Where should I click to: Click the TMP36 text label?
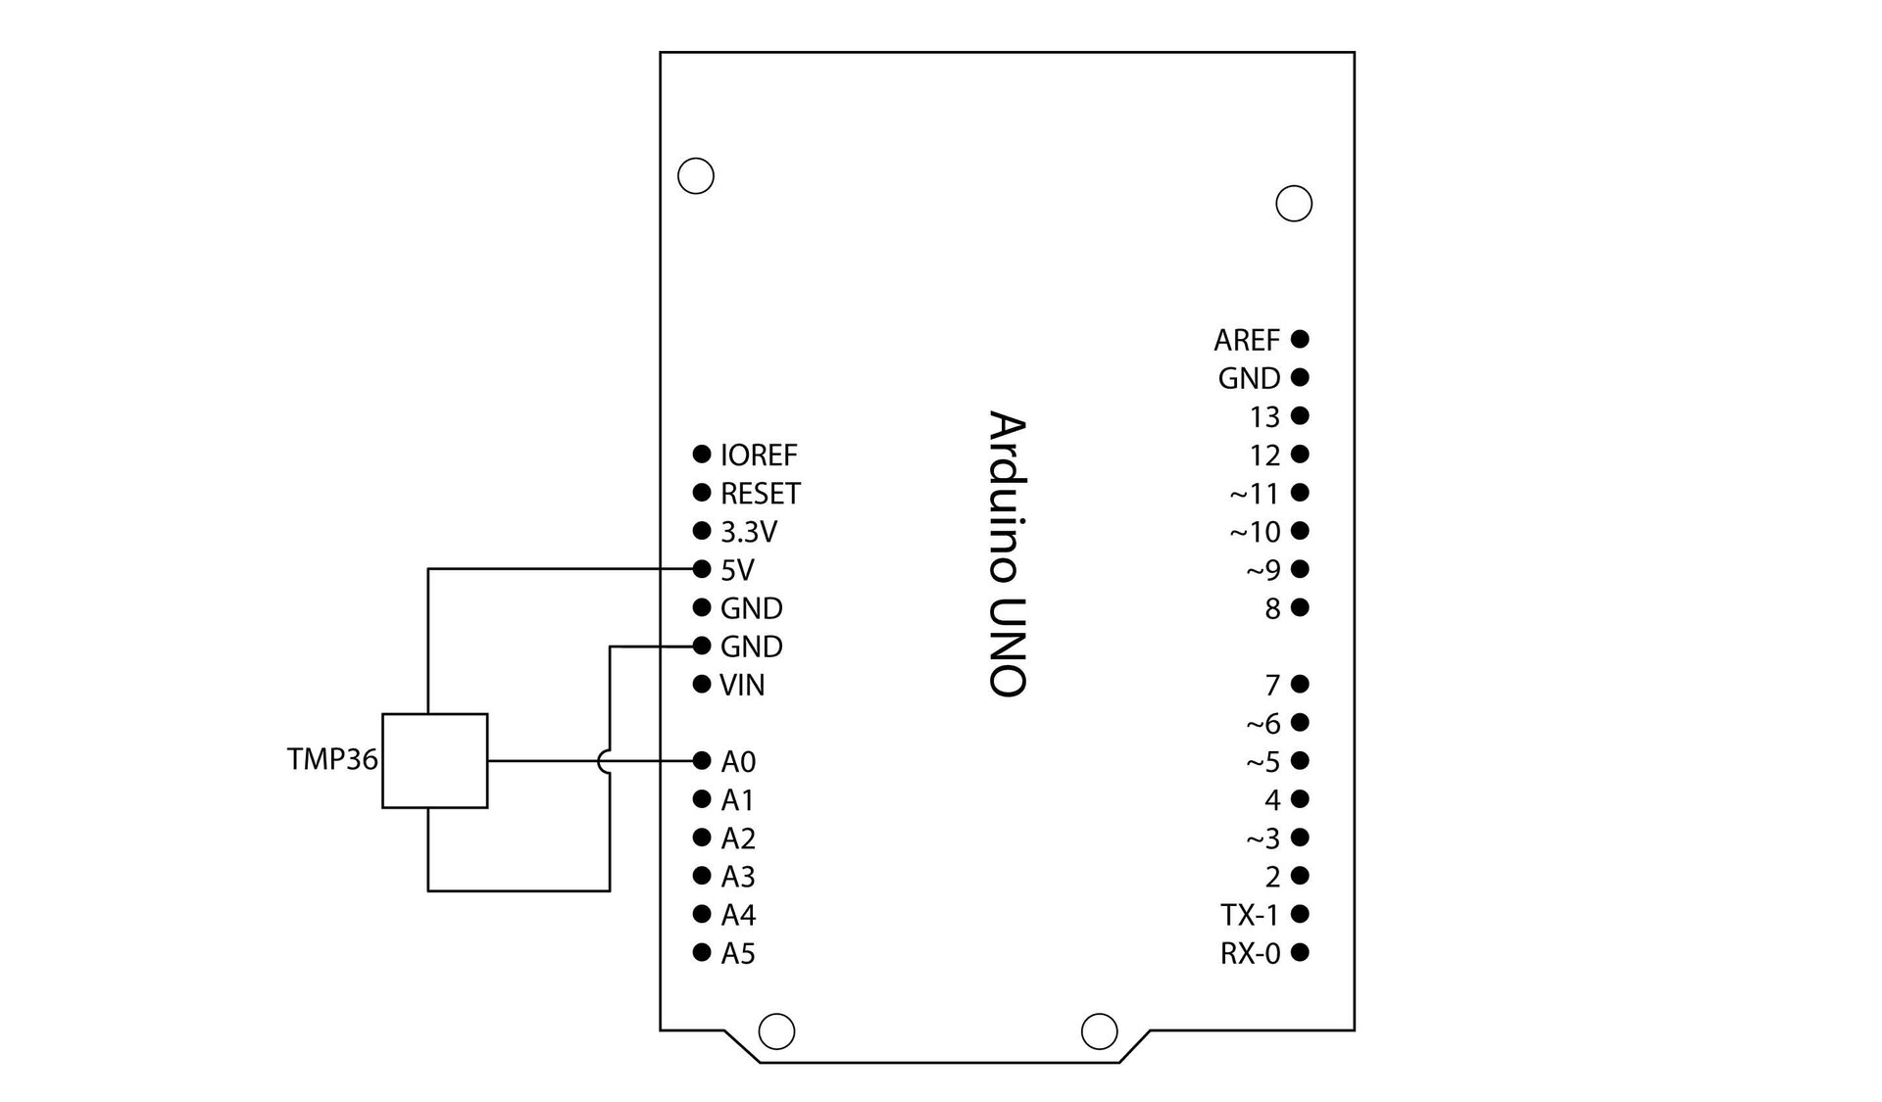click(332, 760)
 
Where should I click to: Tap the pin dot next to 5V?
click(701, 569)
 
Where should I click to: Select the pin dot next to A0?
click(701, 761)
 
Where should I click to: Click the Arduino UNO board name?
click(1008, 553)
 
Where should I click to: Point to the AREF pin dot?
click(1300, 339)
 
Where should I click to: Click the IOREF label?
click(759, 455)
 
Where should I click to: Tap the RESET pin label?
click(761, 494)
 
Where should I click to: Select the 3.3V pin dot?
click(701, 531)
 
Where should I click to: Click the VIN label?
click(742, 686)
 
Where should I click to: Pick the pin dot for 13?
click(1300, 416)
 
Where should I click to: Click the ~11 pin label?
click(1256, 494)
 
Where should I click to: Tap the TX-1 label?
click(1251, 915)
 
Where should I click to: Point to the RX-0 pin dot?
click(1300, 952)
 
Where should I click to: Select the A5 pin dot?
click(701, 952)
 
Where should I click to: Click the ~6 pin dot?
click(1300, 723)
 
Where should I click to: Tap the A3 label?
click(738, 877)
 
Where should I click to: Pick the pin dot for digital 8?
click(1300, 608)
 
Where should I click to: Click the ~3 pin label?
click(1263, 838)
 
